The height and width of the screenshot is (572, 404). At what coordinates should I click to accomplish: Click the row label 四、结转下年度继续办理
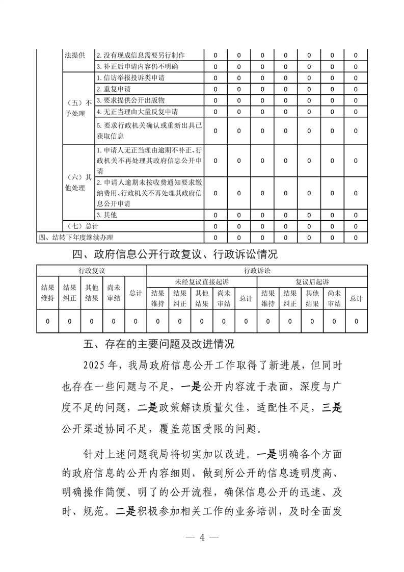click(x=76, y=237)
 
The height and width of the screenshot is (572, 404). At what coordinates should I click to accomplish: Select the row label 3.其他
click(x=107, y=215)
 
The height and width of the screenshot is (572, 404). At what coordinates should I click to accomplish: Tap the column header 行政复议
click(x=92, y=270)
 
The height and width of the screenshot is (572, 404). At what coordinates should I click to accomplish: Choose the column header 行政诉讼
click(x=257, y=270)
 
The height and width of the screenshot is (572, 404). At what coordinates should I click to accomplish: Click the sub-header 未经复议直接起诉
click(x=202, y=281)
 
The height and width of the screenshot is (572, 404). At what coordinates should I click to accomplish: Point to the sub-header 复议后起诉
click(x=312, y=281)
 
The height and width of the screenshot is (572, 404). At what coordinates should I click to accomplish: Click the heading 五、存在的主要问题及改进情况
click(x=158, y=344)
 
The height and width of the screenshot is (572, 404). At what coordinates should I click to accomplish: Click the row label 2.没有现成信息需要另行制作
click(x=141, y=56)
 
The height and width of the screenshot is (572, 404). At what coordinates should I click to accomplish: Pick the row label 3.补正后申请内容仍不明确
click(x=137, y=67)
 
